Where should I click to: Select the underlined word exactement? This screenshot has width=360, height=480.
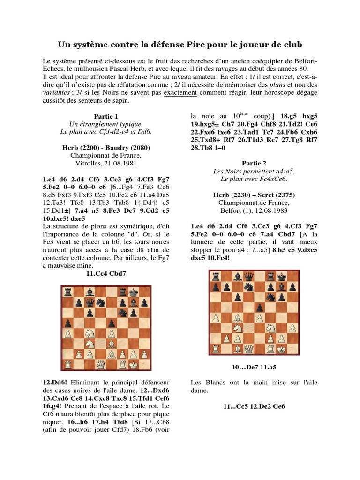pyautogui.click(x=180, y=93)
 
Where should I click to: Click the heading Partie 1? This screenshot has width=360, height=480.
pyautogui.click(x=106, y=116)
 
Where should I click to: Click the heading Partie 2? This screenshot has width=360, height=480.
pyautogui.click(x=254, y=163)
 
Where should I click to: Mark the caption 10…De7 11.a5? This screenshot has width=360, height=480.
pyautogui.click(x=254, y=367)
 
